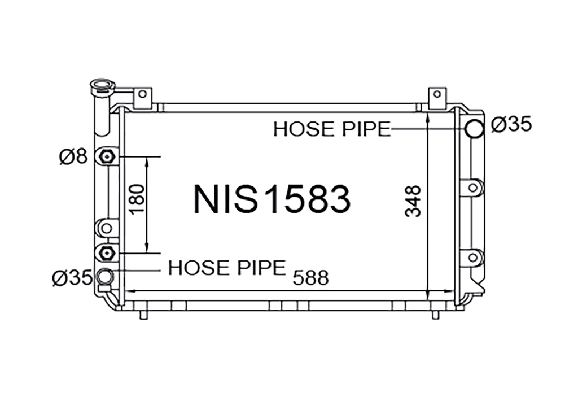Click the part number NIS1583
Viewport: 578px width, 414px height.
pos(272,199)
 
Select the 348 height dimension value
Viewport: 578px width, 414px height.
pos(413,201)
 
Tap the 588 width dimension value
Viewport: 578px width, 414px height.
pos(310,278)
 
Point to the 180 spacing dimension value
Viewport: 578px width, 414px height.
pos(137,199)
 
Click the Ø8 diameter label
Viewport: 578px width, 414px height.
pos(73,157)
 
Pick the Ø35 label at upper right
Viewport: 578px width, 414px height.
pos(511,124)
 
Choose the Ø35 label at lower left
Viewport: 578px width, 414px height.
pos(72,277)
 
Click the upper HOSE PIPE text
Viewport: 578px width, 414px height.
pos(332,129)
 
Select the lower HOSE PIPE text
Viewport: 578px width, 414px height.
pos(227,268)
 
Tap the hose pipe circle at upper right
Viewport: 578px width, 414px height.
pos(474,129)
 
